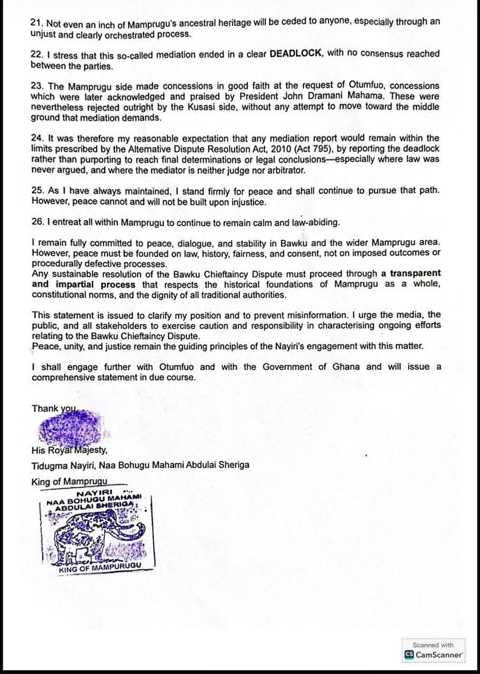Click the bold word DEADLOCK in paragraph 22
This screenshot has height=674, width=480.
pyautogui.click(x=294, y=54)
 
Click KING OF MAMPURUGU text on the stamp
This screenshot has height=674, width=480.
pyautogui.click(x=100, y=569)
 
